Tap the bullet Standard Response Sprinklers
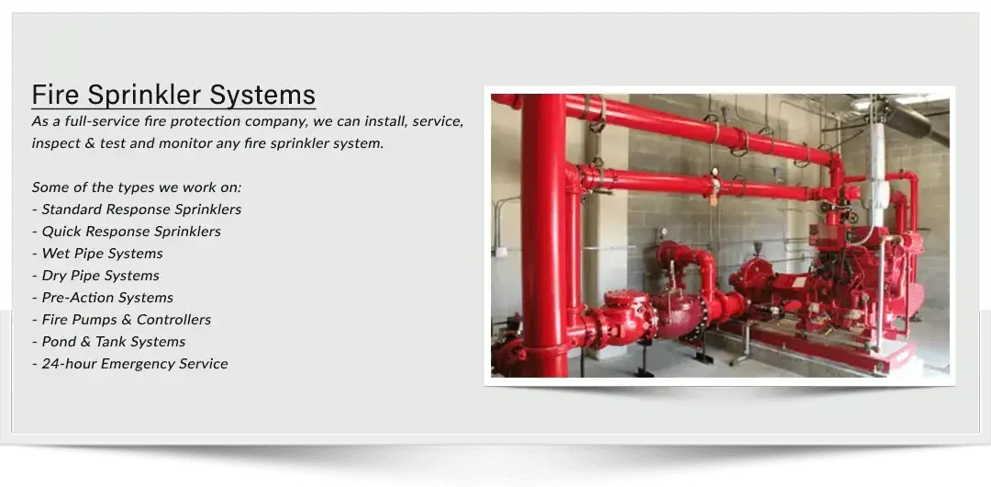[x=137, y=209]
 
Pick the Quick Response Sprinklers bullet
[x=127, y=232]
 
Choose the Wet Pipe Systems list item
[x=97, y=254]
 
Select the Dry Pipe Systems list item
[x=95, y=276]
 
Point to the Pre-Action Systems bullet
[x=103, y=298]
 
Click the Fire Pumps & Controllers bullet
[x=121, y=320]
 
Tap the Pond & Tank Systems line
[x=108, y=342]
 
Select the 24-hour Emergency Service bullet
[x=129, y=364]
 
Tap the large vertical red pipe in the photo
[x=543, y=235]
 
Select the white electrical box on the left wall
[x=501, y=252]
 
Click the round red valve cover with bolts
[x=626, y=299]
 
